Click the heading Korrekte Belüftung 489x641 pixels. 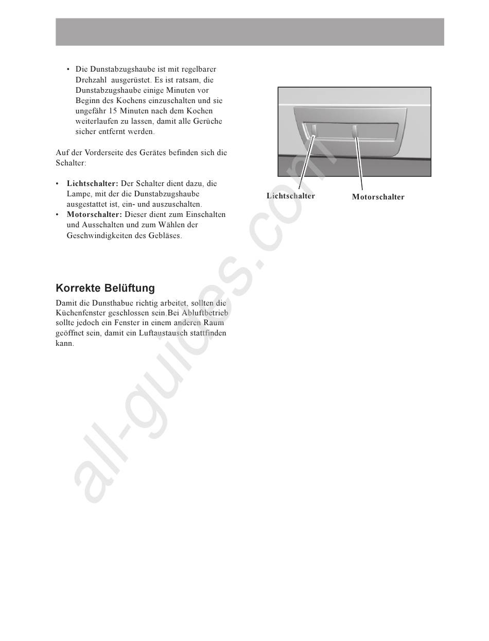(105, 288)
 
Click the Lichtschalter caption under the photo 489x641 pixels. (290, 196)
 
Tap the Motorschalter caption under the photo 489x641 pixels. (378, 197)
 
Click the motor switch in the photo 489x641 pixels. (355, 131)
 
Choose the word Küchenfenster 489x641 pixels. (80, 313)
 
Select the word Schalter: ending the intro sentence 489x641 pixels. (71, 163)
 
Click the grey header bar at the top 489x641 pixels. (250, 32)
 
